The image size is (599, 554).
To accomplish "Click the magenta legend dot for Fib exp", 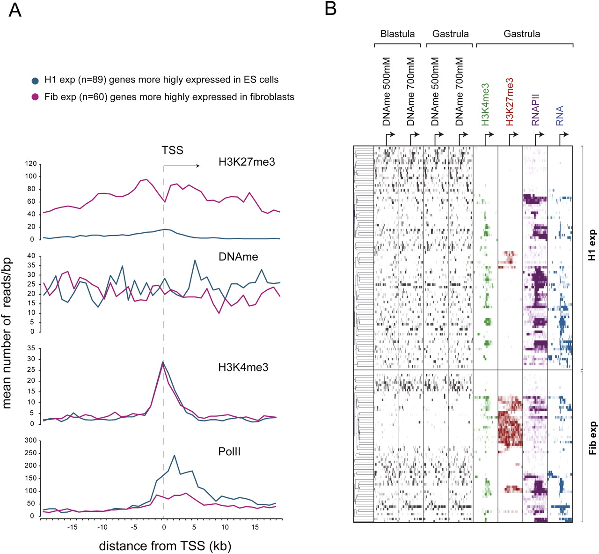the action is pyautogui.click(x=35, y=97).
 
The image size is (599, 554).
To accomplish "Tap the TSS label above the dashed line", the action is pyautogui.click(x=172, y=150).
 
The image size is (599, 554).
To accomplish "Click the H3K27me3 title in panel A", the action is pyautogui.click(x=247, y=162).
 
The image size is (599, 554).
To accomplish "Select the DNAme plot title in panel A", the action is pyautogui.click(x=238, y=257).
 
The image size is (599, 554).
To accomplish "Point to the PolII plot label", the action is pyautogui.click(x=229, y=451).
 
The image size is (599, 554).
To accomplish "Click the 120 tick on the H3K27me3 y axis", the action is pyautogui.click(x=30, y=163).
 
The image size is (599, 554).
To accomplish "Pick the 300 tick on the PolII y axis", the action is pyautogui.click(x=30, y=441).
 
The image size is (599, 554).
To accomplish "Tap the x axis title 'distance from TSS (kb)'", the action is pyautogui.click(x=165, y=546).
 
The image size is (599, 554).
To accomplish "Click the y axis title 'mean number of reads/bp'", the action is pyautogui.click(x=7, y=333).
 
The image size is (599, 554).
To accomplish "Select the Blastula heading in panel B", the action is pyautogui.click(x=397, y=34).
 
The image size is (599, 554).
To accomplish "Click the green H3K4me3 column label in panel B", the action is pyautogui.click(x=485, y=104).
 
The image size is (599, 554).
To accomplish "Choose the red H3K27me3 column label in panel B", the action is pyautogui.click(x=510, y=102).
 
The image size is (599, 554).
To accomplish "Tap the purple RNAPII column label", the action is pyautogui.click(x=535, y=110).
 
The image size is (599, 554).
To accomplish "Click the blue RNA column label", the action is pyautogui.click(x=560, y=116).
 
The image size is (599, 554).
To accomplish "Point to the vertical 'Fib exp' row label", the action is pyautogui.click(x=592, y=438).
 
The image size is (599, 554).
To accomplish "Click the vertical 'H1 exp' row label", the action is pyautogui.click(x=592, y=245).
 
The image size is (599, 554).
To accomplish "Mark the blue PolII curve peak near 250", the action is pyautogui.click(x=174, y=456).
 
